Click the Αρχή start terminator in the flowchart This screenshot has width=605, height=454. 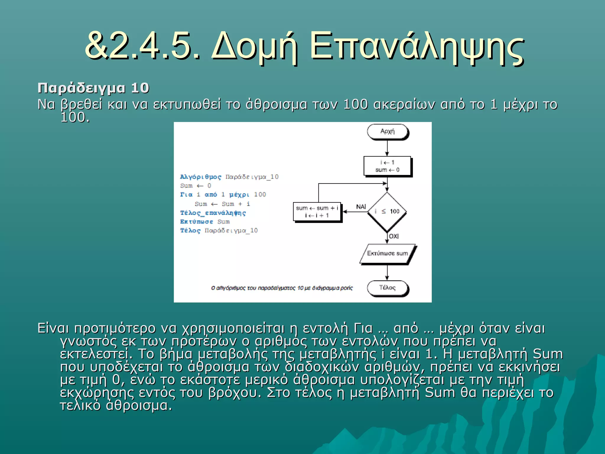click(387, 132)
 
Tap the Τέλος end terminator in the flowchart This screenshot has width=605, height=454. click(387, 288)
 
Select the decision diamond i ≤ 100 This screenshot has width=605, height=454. click(387, 212)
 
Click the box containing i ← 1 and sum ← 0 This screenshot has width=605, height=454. click(387, 166)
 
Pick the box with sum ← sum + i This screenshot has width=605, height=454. click(317, 212)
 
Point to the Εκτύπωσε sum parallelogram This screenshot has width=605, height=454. click(387, 254)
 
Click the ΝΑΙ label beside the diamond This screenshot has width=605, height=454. click(361, 207)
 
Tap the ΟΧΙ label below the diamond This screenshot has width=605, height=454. click(394, 236)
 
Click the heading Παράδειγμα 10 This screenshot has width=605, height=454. click(93, 88)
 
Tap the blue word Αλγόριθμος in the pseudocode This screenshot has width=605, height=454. click(201, 177)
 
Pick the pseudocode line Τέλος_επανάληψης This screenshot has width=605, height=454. click(213, 213)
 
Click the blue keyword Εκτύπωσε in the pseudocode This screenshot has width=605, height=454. click(197, 222)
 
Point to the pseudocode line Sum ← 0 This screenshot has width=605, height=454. click(196, 186)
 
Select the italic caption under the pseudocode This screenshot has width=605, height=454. click(282, 288)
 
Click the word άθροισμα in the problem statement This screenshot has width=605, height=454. click(276, 104)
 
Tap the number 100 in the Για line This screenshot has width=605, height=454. click(260, 195)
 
